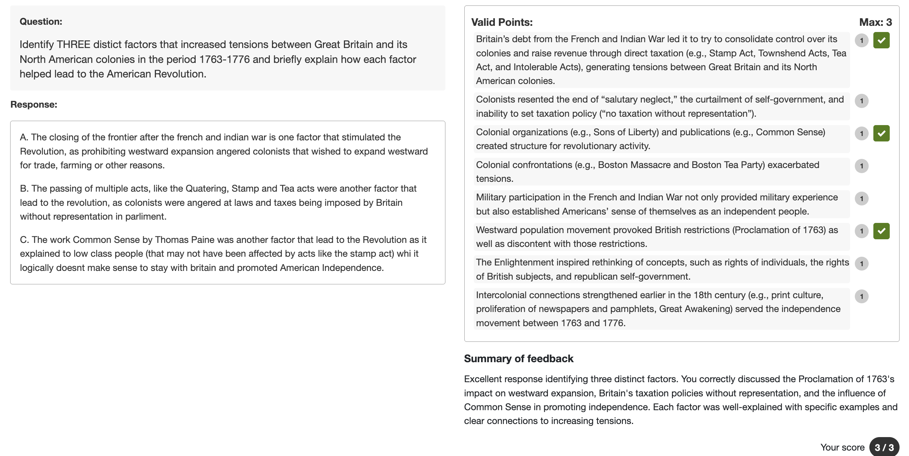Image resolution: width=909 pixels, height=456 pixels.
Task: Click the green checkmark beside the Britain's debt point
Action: click(x=881, y=40)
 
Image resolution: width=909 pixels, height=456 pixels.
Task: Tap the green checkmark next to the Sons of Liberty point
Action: click(x=881, y=133)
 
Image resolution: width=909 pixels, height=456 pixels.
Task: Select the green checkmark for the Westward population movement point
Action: click(x=881, y=231)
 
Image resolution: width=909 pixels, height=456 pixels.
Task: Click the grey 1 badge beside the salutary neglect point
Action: click(x=861, y=101)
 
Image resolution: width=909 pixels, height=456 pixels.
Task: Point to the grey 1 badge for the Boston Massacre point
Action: click(x=861, y=166)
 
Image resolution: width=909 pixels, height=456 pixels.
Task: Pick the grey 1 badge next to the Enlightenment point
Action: click(x=861, y=264)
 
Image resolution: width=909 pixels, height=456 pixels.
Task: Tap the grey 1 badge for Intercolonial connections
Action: click(x=861, y=296)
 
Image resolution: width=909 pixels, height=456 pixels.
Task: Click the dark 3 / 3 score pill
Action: click(x=884, y=447)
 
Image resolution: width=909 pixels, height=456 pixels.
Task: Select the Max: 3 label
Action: click(x=875, y=22)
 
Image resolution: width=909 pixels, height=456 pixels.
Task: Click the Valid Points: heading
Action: click(x=502, y=22)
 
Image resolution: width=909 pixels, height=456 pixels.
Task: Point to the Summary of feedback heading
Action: click(x=518, y=359)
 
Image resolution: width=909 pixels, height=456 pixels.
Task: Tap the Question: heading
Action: click(x=41, y=21)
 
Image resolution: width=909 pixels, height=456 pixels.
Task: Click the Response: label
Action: click(x=34, y=104)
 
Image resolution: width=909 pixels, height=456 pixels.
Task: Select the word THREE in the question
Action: click(x=73, y=44)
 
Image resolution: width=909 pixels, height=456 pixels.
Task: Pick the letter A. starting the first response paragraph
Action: click(x=24, y=137)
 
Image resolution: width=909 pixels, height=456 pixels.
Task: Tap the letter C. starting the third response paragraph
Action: click(x=24, y=240)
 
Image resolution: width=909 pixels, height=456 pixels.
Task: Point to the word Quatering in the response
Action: click(x=206, y=188)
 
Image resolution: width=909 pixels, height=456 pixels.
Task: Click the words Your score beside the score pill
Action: click(x=842, y=447)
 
